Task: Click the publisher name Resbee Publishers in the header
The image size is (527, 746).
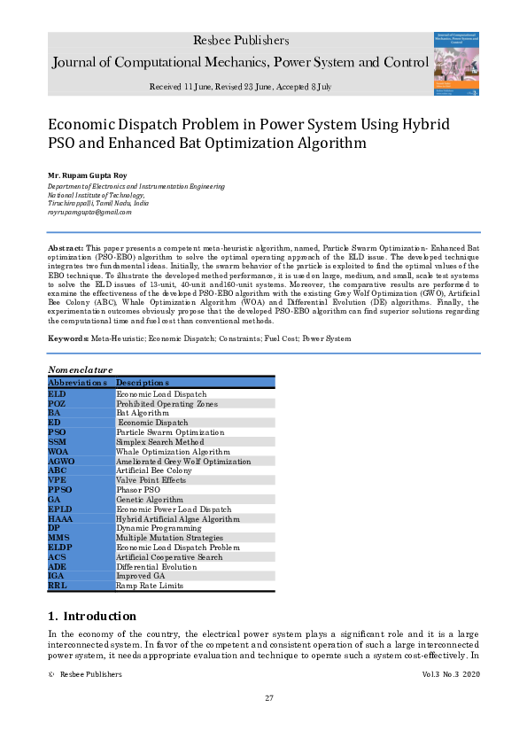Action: (240, 41)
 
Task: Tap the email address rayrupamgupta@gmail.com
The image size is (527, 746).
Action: (89, 212)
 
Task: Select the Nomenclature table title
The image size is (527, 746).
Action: (81, 369)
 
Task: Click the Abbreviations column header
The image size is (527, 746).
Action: (78, 382)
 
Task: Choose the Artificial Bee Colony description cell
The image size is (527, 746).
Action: (154, 470)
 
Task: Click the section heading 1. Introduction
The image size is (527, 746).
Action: (92, 616)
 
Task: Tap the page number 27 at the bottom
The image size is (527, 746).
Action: (269, 698)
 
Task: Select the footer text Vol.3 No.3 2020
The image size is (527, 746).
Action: (452, 674)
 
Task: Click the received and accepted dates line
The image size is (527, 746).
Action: (240, 87)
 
